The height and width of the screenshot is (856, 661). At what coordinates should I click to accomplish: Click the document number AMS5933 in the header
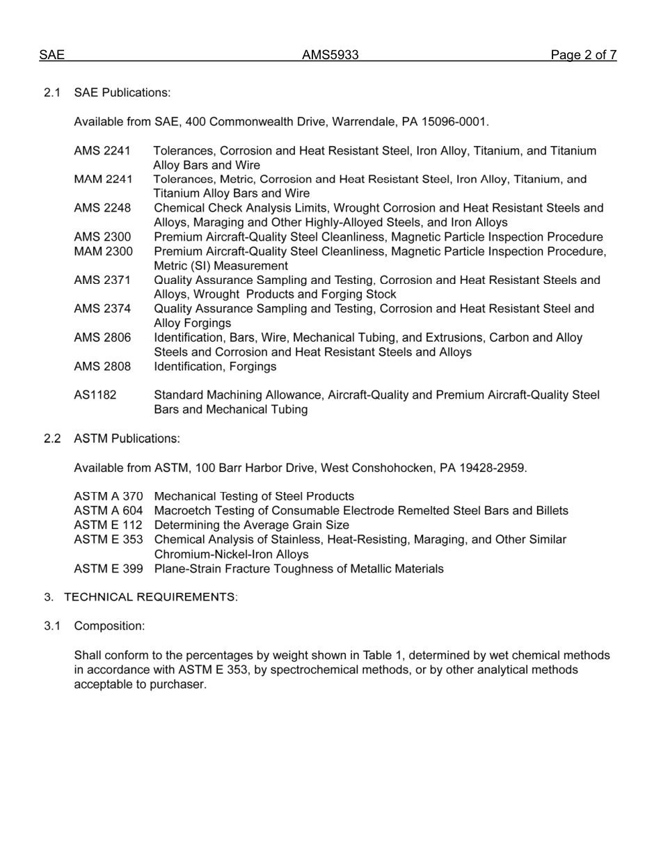tap(330, 56)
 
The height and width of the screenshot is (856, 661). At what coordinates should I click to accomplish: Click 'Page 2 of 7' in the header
tap(583, 56)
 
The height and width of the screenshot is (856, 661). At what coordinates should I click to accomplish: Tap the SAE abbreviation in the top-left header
tap(51, 56)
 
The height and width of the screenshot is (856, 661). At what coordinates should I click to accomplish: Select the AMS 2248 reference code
tap(102, 208)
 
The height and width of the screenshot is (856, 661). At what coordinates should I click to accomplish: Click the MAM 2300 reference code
tap(103, 251)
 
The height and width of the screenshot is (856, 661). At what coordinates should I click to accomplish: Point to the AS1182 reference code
tap(95, 395)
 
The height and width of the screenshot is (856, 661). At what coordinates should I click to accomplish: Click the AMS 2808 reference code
tap(102, 367)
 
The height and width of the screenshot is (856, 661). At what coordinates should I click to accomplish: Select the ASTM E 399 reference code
tap(109, 569)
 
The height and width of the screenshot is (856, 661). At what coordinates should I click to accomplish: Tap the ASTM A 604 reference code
tap(109, 511)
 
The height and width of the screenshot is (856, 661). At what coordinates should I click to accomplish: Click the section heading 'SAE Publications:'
tap(122, 93)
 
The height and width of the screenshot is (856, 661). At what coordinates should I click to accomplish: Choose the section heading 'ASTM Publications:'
tap(127, 438)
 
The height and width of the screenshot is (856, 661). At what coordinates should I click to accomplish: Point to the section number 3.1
tap(53, 626)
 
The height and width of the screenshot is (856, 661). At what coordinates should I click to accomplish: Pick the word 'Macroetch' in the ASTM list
tap(180, 511)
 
